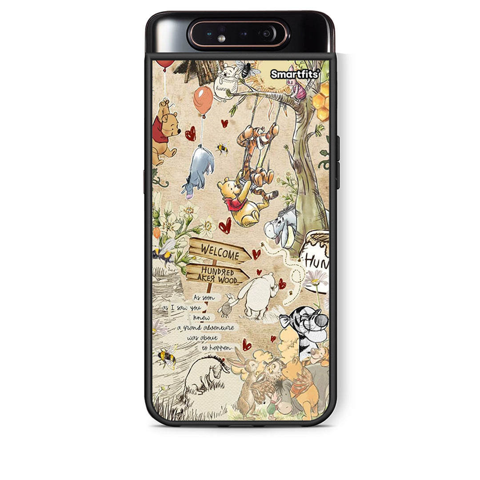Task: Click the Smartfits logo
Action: pos(295,74)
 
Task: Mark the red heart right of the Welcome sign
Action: pos(256,254)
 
